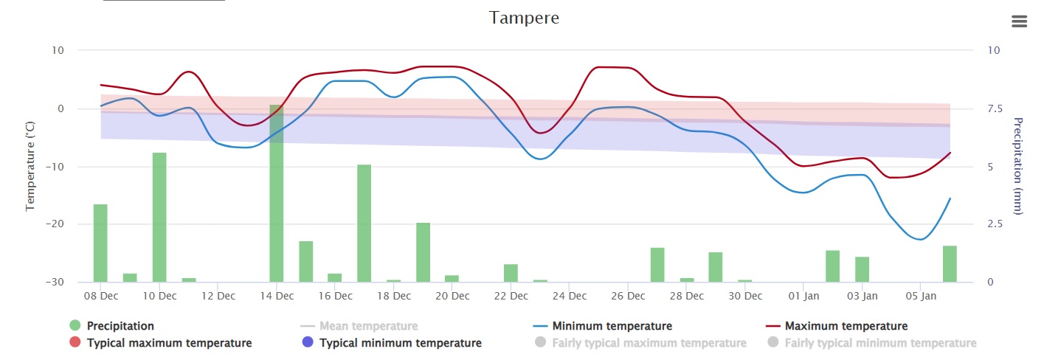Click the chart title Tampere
click(524, 18)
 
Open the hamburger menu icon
click(1019, 21)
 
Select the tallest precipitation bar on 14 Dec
click(277, 193)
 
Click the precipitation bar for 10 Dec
click(159, 217)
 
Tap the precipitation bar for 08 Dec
click(100, 243)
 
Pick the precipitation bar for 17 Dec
click(364, 223)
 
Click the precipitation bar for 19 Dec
click(423, 252)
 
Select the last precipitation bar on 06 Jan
click(950, 263)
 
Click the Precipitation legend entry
click(120, 326)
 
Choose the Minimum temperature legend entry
click(612, 326)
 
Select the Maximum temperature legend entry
click(846, 326)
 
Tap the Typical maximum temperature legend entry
click(169, 343)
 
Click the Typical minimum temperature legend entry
click(400, 343)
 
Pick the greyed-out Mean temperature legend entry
click(368, 326)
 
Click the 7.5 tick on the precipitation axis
click(995, 109)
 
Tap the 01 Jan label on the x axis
click(803, 297)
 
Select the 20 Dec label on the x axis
click(452, 297)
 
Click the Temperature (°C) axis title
click(30, 167)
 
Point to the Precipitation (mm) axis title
click(1019, 167)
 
